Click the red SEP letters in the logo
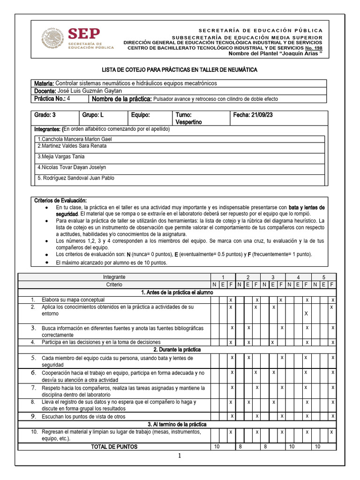click(84, 34)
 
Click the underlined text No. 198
click(314, 48)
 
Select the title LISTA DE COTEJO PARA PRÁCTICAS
click(180, 70)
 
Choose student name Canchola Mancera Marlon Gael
click(75, 139)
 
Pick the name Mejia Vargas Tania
click(61, 157)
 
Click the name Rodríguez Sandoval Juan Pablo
click(76, 178)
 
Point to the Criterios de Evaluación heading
click(60, 201)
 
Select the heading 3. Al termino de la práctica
click(177, 424)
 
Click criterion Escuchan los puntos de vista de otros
click(83, 416)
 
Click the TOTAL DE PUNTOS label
click(114, 447)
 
